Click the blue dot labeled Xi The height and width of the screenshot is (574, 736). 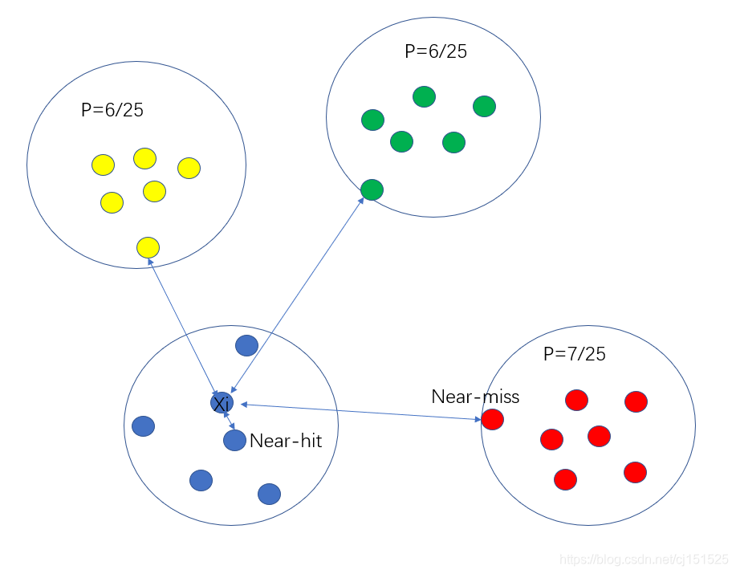point(222,403)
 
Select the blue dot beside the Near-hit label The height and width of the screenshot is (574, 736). point(234,440)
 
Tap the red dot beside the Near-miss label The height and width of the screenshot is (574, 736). point(492,419)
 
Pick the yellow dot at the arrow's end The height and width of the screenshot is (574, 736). point(148,247)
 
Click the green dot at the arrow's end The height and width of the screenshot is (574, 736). point(372,190)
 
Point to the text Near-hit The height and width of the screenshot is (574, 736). point(286,441)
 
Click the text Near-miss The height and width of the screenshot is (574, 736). point(475,397)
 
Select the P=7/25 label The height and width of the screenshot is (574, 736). point(575,354)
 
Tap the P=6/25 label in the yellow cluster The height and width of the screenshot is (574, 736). point(112,111)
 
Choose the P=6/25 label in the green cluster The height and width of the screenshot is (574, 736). point(436,52)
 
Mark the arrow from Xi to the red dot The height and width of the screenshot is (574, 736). point(361,410)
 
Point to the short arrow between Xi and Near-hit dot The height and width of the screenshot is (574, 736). point(230,421)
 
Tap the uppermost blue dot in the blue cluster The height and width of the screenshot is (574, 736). point(246,345)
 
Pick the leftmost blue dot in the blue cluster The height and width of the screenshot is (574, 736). point(143,425)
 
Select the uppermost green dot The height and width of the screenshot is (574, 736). point(424,96)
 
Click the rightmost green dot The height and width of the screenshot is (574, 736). point(484,106)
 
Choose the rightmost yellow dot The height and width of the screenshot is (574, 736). point(189,168)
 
